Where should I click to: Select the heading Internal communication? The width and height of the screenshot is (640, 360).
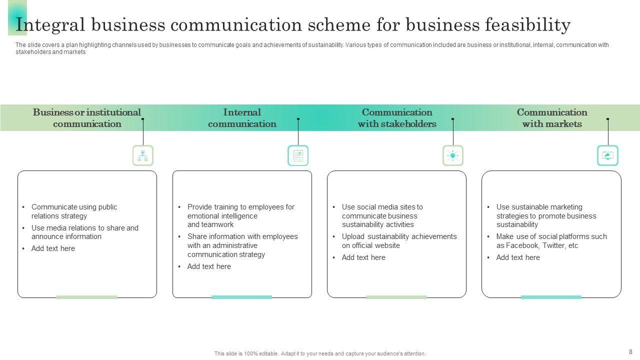tap(242, 118)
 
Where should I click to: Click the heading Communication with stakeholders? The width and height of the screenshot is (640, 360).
tap(397, 118)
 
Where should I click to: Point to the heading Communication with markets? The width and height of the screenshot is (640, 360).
tap(552, 118)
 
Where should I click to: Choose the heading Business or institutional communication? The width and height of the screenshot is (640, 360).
tap(87, 118)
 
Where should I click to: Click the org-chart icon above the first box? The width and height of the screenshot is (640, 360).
tap(143, 155)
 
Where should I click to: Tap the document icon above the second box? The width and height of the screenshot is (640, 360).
tap(298, 155)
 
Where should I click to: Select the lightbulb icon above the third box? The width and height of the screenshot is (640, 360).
tap(453, 155)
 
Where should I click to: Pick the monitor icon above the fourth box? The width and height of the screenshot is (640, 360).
tap(608, 155)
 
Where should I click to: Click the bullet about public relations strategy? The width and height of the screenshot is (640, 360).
tap(74, 211)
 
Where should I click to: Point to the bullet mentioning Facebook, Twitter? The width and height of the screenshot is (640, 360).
tap(551, 241)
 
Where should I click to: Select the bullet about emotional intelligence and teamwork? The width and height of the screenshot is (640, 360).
tap(240, 215)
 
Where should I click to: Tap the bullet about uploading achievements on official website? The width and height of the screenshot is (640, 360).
tap(399, 241)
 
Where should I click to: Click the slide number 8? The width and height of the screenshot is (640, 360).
tap(630, 351)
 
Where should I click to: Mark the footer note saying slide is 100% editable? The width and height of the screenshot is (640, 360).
tap(320, 353)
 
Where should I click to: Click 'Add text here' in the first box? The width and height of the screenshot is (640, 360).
tap(53, 248)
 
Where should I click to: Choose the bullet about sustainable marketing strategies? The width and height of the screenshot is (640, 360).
tap(546, 215)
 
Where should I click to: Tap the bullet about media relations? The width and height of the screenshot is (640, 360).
tap(84, 232)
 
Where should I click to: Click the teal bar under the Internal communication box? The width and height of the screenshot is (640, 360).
tap(241, 297)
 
